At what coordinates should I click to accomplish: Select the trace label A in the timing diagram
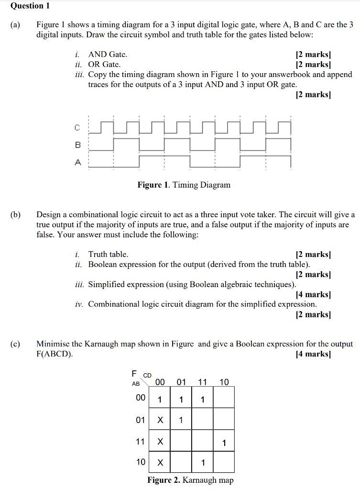pyautogui.click(x=78, y=162)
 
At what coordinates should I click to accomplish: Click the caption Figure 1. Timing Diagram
pyautogui.click(x=184, y=185)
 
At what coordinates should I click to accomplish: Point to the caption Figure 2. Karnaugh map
pyautogui.click(x=190, y=480)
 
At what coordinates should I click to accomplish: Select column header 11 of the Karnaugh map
pyautogui.click(x=203, y=381)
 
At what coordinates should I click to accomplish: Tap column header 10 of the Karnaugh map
pyautogui.click(x=224, y=381)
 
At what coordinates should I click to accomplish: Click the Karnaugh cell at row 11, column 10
pyautogui.click(x=224, y=441)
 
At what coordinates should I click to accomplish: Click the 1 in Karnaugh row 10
pyautogui.click(x=203, y=462)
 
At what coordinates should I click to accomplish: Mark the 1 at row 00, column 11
pyautogui.click(x=203, y=399)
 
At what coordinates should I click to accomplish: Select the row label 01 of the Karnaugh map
pyautogui.click(x=140, y=420)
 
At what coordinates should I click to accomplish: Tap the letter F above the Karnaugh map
pyautogui.click(x=134, y=373)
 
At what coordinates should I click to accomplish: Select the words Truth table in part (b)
pyautogui.click(x=108, y=254)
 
